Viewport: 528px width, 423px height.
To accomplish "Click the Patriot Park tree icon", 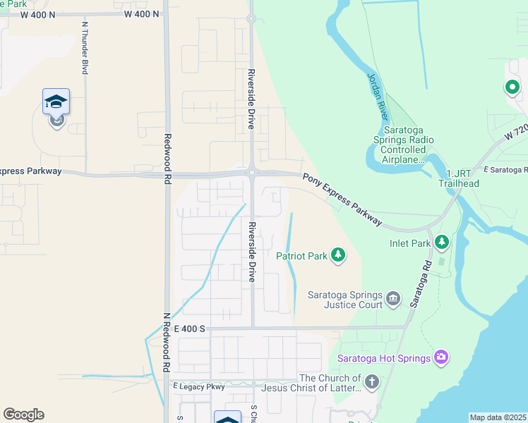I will tap(338, 255).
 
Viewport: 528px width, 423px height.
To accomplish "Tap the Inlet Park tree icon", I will tap(442, 243).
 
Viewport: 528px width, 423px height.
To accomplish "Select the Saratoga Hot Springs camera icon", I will tap(442, 357).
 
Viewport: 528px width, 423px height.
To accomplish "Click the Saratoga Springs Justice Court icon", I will tap(394, 300).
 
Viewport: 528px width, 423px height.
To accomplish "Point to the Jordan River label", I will tap(378, 96).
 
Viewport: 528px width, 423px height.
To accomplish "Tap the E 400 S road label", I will tap(189, 329).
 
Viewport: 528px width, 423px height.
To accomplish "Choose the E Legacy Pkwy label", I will tap(198, 386).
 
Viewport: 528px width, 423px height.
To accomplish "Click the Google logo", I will tap(23, 415).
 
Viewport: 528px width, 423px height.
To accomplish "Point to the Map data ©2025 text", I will tap(498, 417).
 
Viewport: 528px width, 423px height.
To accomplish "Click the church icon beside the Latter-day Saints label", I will tap(371, 382).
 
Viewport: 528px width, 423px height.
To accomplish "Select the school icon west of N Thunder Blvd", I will tap(56, 102).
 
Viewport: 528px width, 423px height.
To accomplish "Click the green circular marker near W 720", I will tap(512, 87).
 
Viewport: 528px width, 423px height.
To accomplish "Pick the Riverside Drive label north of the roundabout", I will tap(251, 99).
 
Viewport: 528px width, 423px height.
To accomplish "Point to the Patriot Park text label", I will tap(301, 256).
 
